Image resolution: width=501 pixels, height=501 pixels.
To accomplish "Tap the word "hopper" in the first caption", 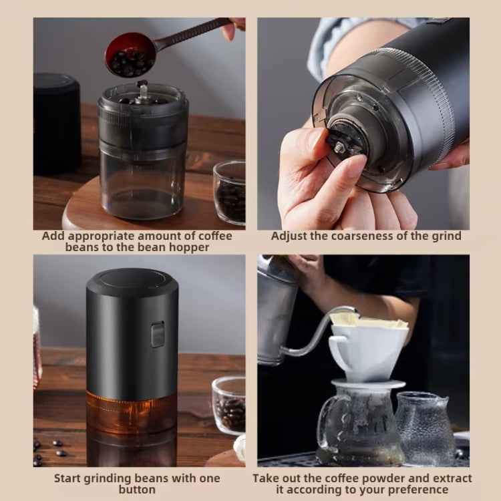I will click(210, 247).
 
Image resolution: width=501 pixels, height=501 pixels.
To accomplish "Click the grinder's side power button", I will click(158, 334).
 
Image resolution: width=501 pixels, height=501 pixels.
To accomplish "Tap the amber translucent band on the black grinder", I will click(132, 411).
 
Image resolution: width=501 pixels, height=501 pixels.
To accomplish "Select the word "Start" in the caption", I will click(69, 478).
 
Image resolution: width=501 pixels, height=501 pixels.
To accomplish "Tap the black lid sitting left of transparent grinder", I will click(56, 124).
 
